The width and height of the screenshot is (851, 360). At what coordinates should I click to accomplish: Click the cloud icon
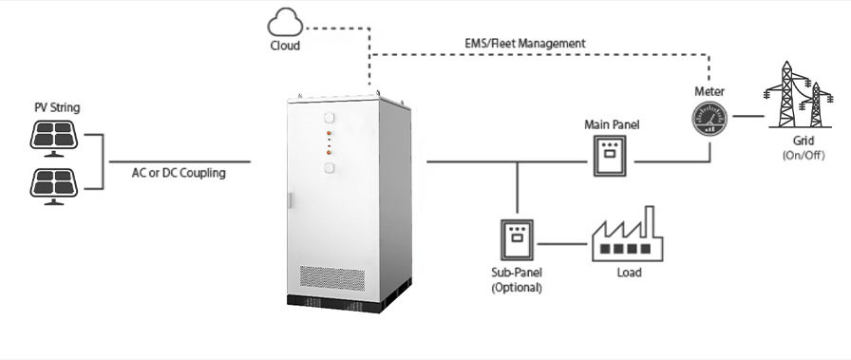point(285,23)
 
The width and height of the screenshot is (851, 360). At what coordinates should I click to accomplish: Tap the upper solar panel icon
point(54,138)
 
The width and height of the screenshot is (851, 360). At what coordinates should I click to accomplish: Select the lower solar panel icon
point(54,186)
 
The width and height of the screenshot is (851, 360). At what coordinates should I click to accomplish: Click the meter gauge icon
point(709,118)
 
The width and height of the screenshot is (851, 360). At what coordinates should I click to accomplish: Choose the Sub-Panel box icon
point(517,239)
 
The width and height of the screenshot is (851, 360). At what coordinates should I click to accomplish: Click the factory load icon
point(627,234)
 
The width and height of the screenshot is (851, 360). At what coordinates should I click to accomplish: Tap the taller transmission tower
point(786,94)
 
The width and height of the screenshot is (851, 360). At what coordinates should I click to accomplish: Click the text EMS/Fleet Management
point(525,44)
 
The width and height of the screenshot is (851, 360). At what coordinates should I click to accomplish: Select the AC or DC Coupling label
point(179,173)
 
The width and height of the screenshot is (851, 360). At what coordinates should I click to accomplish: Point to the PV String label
point(57,107)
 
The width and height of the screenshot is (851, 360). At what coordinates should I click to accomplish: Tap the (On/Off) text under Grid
point(804,155)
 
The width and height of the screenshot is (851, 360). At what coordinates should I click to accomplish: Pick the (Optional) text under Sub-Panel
point(517,287)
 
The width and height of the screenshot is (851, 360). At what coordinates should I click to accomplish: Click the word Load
point(629,272)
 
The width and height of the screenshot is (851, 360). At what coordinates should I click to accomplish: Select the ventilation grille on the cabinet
point(331,277)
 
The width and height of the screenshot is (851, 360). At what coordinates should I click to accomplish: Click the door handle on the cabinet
point(290,201)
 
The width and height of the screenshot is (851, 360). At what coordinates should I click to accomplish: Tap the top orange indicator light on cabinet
point(329,134)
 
